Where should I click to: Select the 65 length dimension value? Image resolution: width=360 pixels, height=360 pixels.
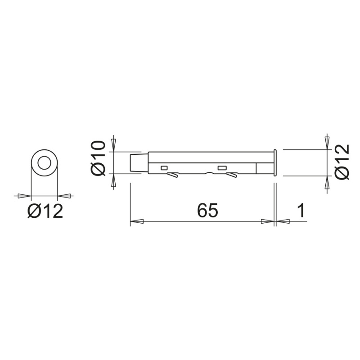coord(207,211)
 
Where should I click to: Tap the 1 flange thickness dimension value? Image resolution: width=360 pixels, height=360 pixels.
coord(302,211)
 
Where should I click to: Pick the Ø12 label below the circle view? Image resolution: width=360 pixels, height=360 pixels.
coord(45,211)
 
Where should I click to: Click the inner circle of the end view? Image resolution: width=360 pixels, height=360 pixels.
coord(44,163)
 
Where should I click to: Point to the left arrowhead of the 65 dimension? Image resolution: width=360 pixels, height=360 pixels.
coord(137,221)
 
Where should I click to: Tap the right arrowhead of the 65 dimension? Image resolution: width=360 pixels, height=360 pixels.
coord(267,221)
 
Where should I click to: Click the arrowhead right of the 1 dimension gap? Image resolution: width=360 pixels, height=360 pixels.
coord(283,221)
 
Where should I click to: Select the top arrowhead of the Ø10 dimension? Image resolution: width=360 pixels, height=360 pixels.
coord(113,144)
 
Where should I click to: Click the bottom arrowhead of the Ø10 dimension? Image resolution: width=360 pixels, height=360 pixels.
coord(113,181)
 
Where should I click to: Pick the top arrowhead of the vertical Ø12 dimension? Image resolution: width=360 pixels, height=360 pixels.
coord(327,142)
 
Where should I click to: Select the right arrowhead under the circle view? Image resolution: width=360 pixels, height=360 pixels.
coord(65,196)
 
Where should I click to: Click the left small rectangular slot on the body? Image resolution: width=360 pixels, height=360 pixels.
coord(164,168)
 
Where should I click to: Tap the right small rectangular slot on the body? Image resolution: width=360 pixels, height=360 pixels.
coord(221,168)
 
